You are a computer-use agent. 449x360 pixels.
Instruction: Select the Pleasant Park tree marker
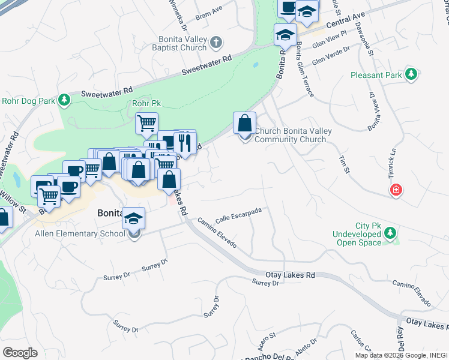[411, 75]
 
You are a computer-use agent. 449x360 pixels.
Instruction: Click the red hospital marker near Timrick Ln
[396, 191]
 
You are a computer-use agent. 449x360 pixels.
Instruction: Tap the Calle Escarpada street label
[238, 214]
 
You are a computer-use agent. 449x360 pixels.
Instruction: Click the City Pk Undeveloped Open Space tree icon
[391, 232]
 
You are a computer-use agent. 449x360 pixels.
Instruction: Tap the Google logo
[20, 352]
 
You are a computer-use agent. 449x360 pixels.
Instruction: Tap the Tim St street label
[344, 163]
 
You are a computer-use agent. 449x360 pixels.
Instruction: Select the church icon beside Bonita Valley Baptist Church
[217, 43]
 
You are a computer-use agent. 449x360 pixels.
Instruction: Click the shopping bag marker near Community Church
[245, 124]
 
